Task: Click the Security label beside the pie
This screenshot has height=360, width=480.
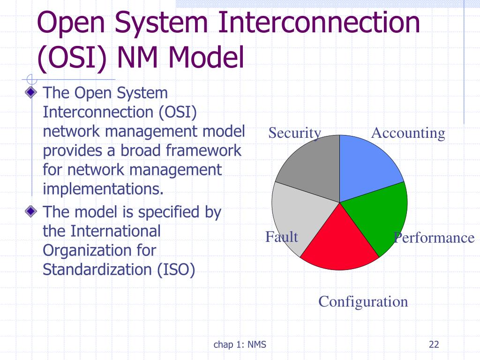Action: tap(294, 133)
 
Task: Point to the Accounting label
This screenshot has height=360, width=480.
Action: tap(408, 133)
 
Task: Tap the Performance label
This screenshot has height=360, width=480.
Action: tap(434, 238)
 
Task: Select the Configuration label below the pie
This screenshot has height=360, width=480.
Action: tap(363, 301)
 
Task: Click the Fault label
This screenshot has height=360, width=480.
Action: tap(281, 237)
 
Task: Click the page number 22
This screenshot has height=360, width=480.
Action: tap(434, 345)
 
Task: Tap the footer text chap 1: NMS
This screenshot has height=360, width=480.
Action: tap(240, 345)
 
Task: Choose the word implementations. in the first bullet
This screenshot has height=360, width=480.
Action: tap(104, 189)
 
